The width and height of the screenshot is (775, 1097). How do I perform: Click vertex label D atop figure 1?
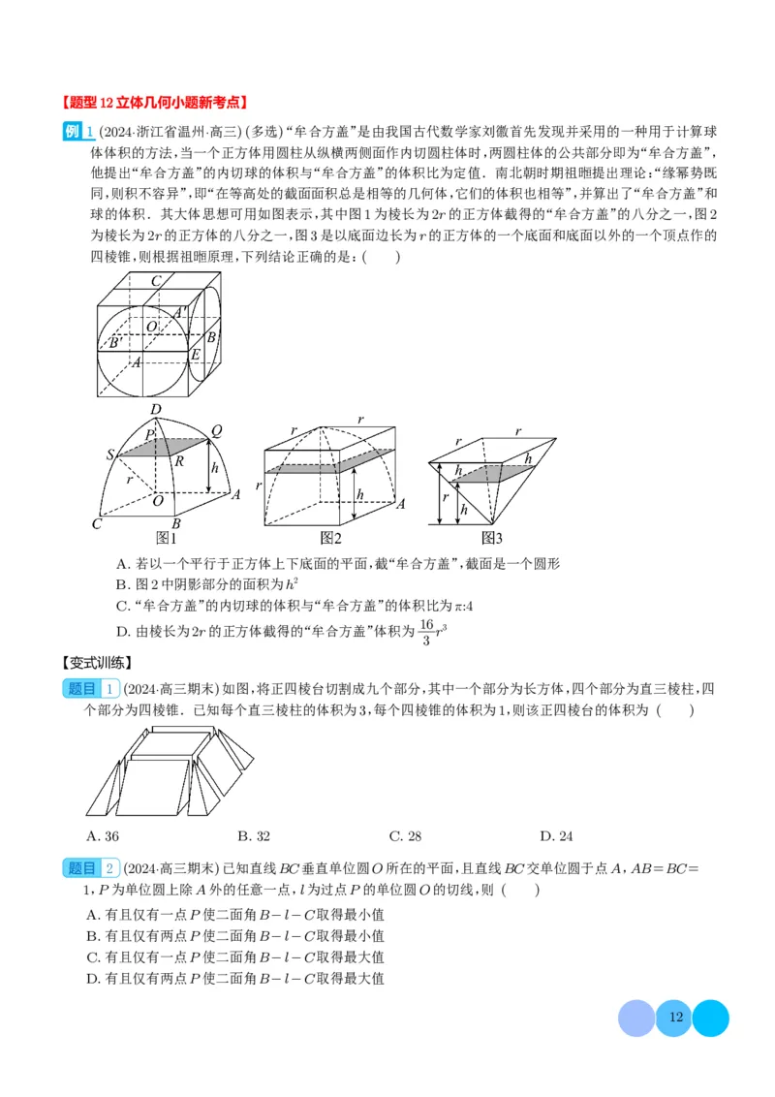tap(154, 409)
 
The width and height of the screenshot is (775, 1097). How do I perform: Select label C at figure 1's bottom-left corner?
tap(96, 524)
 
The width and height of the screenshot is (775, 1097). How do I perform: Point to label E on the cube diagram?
tap(195, 355)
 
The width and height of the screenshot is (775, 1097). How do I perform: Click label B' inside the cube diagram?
tap(114, 342)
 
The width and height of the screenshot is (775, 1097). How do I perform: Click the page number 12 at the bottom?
tap(675, 1018)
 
